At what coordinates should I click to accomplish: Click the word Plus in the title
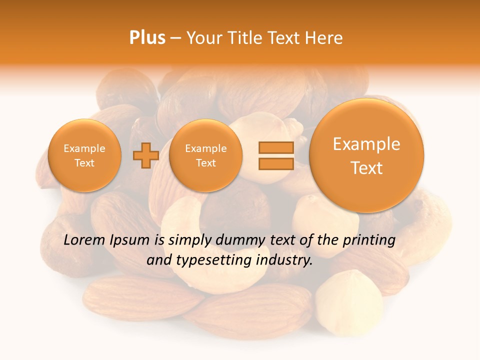[147, 38]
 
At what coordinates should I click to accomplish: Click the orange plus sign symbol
[145, 155]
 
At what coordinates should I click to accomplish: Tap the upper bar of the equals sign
[275, 147]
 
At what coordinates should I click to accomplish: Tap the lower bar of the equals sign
[275, 164]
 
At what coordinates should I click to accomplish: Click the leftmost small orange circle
[84, 155]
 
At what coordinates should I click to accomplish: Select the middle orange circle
[205, 155]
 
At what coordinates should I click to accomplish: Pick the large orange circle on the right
[366, 155]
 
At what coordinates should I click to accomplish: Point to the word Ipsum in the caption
[131, 240]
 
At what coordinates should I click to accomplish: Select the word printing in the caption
[369, 240]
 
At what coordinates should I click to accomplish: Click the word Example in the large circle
[366, 144]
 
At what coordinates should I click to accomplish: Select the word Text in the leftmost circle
[84, 163]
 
